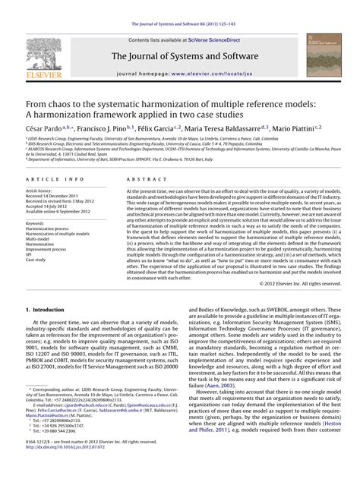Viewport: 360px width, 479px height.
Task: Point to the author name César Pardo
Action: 44,130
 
